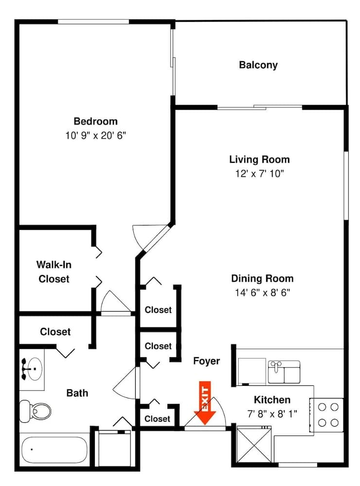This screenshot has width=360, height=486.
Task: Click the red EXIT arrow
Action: [205, 403]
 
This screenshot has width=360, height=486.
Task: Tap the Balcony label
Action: [258, 65]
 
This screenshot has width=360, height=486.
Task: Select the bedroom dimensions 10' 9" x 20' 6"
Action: [95, 136]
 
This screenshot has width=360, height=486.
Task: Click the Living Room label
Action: [259, 159]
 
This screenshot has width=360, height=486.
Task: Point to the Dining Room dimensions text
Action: [262, 292]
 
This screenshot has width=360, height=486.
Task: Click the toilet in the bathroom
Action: [35, 411]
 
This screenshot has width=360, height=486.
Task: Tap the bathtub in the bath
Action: [54, 450]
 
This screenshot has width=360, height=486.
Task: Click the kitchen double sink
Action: [284, 372]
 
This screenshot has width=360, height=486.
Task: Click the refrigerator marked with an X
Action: [254, 445]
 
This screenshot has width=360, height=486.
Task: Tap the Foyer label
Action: [206, 361]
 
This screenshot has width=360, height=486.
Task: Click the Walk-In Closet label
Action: [54, 272]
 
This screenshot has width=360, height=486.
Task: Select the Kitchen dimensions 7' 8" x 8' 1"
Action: [272, 414]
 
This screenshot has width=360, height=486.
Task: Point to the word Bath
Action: [77, 393]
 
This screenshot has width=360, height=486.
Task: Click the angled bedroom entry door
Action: [156, 238]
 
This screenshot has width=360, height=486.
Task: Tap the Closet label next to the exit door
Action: [157, 419]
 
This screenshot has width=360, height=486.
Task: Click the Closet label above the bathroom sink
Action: [55, 331]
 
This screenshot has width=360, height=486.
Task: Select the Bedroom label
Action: [95, 121]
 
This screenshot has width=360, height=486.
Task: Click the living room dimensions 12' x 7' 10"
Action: [259, 174]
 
